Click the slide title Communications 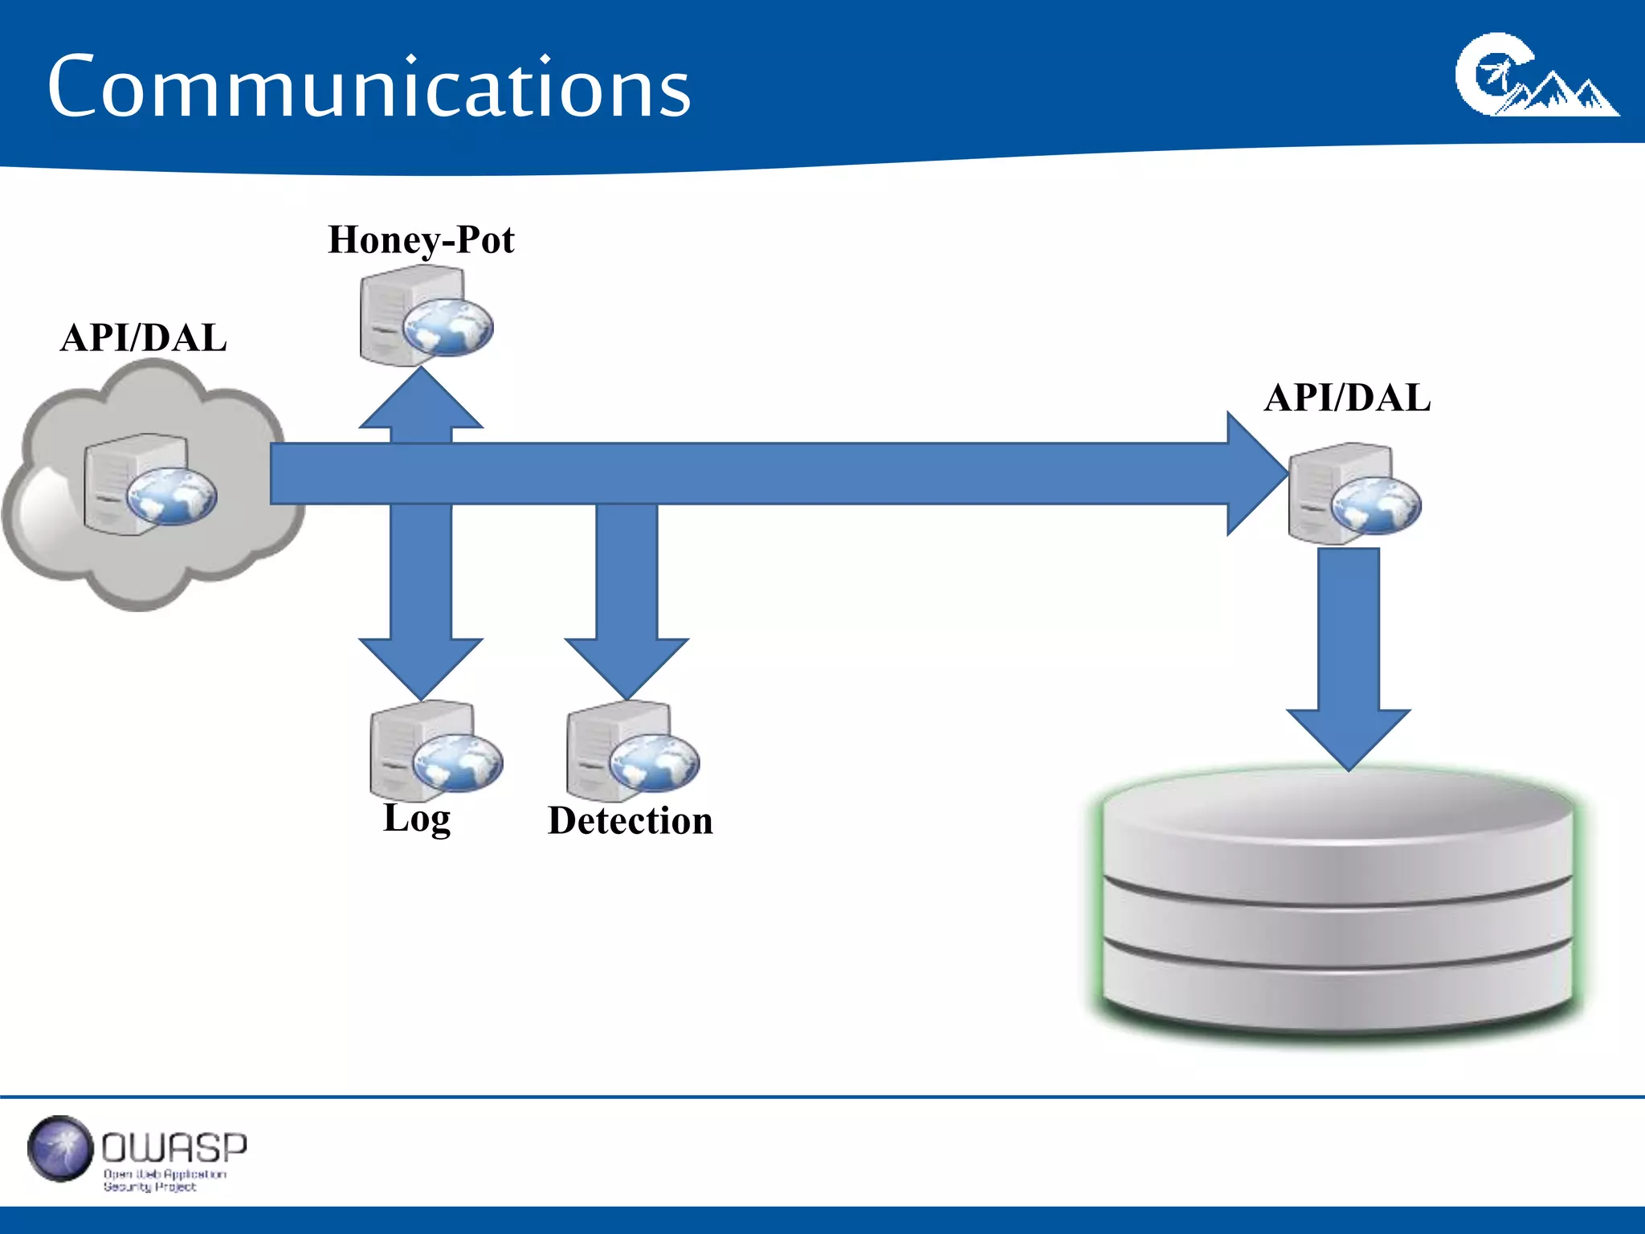click(369, 87)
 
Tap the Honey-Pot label click(421, 240)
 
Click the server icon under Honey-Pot click(425, 316)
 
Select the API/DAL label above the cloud click(143, 337)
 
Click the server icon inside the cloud click(149, 484)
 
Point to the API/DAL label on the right click(1347, 398)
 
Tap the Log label click(417, 819)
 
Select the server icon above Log click(435, 750)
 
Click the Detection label click(630, 821)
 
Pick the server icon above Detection click(631, 751)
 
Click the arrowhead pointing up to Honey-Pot click(421, 402)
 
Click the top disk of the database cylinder click(1337, 811)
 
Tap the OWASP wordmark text click(174, 1148)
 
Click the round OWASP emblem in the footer click(59, 1149)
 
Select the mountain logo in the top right click(1536, 76)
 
